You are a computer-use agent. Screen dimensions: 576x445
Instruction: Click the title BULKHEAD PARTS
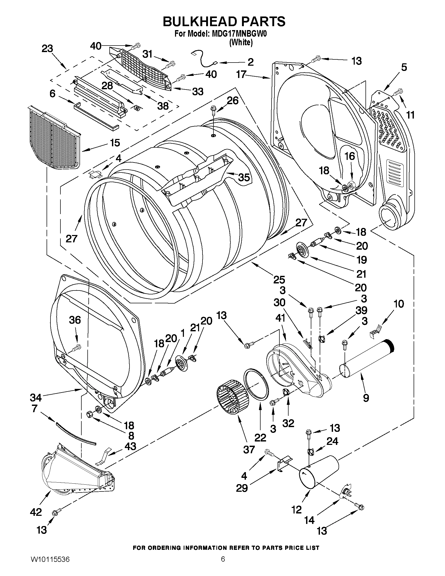[224, 22]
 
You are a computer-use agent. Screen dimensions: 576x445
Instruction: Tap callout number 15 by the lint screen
[115, 143]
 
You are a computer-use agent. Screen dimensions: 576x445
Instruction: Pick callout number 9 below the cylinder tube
[366, 398]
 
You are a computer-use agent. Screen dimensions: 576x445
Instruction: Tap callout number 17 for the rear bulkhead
[241, 74]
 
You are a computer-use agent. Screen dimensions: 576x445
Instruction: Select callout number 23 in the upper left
[47, 48]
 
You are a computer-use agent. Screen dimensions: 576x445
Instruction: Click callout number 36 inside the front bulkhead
[75, 320]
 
